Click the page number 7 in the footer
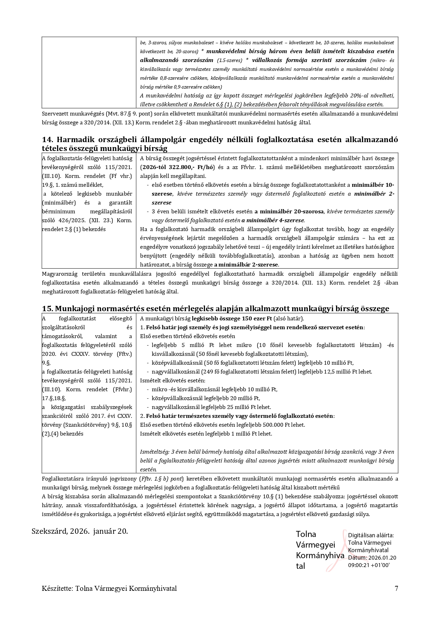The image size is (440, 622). pyautogui.click(x=396, y=589)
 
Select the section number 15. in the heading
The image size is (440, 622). pyautogui.click(x=48, y=309)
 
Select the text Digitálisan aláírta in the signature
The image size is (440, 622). pyautogui.click(x=370, y=536)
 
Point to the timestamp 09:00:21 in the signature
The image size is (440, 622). pyautogui.click(x=359, y=565)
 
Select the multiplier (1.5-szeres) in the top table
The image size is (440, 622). pyautogui.click(x=230, y=60)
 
